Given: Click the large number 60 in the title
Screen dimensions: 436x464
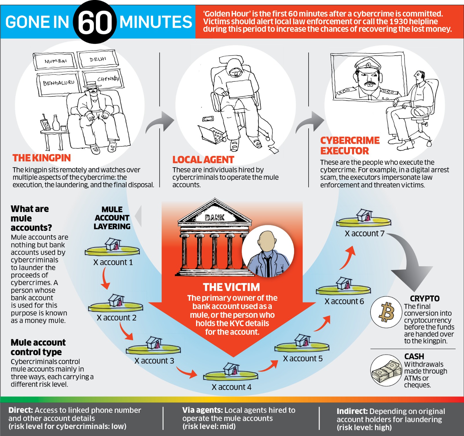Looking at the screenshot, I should (95, 22).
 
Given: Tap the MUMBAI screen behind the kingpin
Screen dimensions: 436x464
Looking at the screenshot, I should (55, 61).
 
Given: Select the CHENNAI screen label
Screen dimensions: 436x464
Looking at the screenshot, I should (108, 79).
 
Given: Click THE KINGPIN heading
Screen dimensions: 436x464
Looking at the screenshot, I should (41, 158).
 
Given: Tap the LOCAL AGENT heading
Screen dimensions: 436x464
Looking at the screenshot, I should (203, 160).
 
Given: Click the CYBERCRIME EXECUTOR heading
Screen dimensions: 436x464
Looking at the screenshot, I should (349, 146).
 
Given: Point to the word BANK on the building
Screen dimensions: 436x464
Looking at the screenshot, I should (215, 217).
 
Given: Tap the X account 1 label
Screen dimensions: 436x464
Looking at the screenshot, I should (113, 262).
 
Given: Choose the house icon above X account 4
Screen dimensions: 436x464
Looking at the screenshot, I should (231, 369).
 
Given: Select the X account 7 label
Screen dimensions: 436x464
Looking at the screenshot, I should (364, 233).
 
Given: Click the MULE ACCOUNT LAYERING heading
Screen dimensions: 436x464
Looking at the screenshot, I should (112, 218).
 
